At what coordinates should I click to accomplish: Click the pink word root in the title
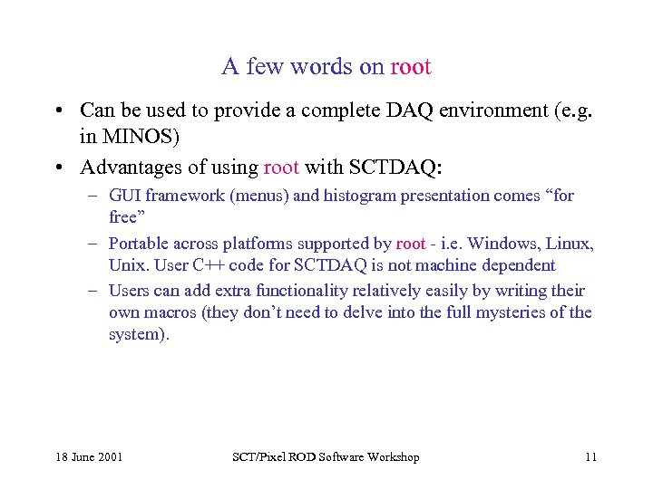[410, 67]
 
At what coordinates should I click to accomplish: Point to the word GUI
[124, 196]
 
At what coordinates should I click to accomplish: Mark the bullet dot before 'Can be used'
[57, 110]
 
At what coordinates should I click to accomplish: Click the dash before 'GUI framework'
[93, 196]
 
